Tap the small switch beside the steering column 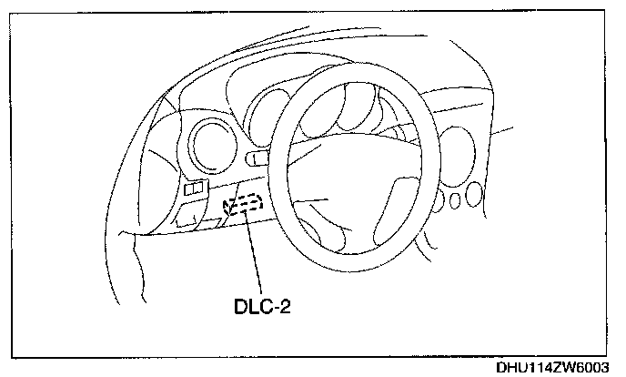257,159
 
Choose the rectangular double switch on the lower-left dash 195,189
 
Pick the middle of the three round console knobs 453,200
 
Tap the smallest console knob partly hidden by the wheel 439,202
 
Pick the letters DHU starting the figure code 511,368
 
